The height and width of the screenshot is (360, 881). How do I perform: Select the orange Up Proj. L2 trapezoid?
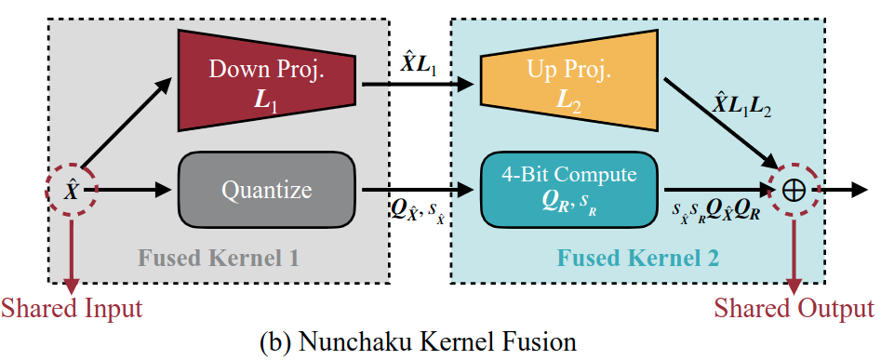[x=559, y=81]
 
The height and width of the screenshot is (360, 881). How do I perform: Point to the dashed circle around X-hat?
[x=72, y=190]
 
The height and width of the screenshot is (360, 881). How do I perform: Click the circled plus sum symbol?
[x=794, y=190]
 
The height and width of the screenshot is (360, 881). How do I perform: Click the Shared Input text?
[x=72, y=308]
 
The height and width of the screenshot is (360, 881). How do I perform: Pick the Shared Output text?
[x=794, y=308]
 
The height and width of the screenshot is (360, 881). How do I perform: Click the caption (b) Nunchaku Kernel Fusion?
[x=439, y=341]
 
